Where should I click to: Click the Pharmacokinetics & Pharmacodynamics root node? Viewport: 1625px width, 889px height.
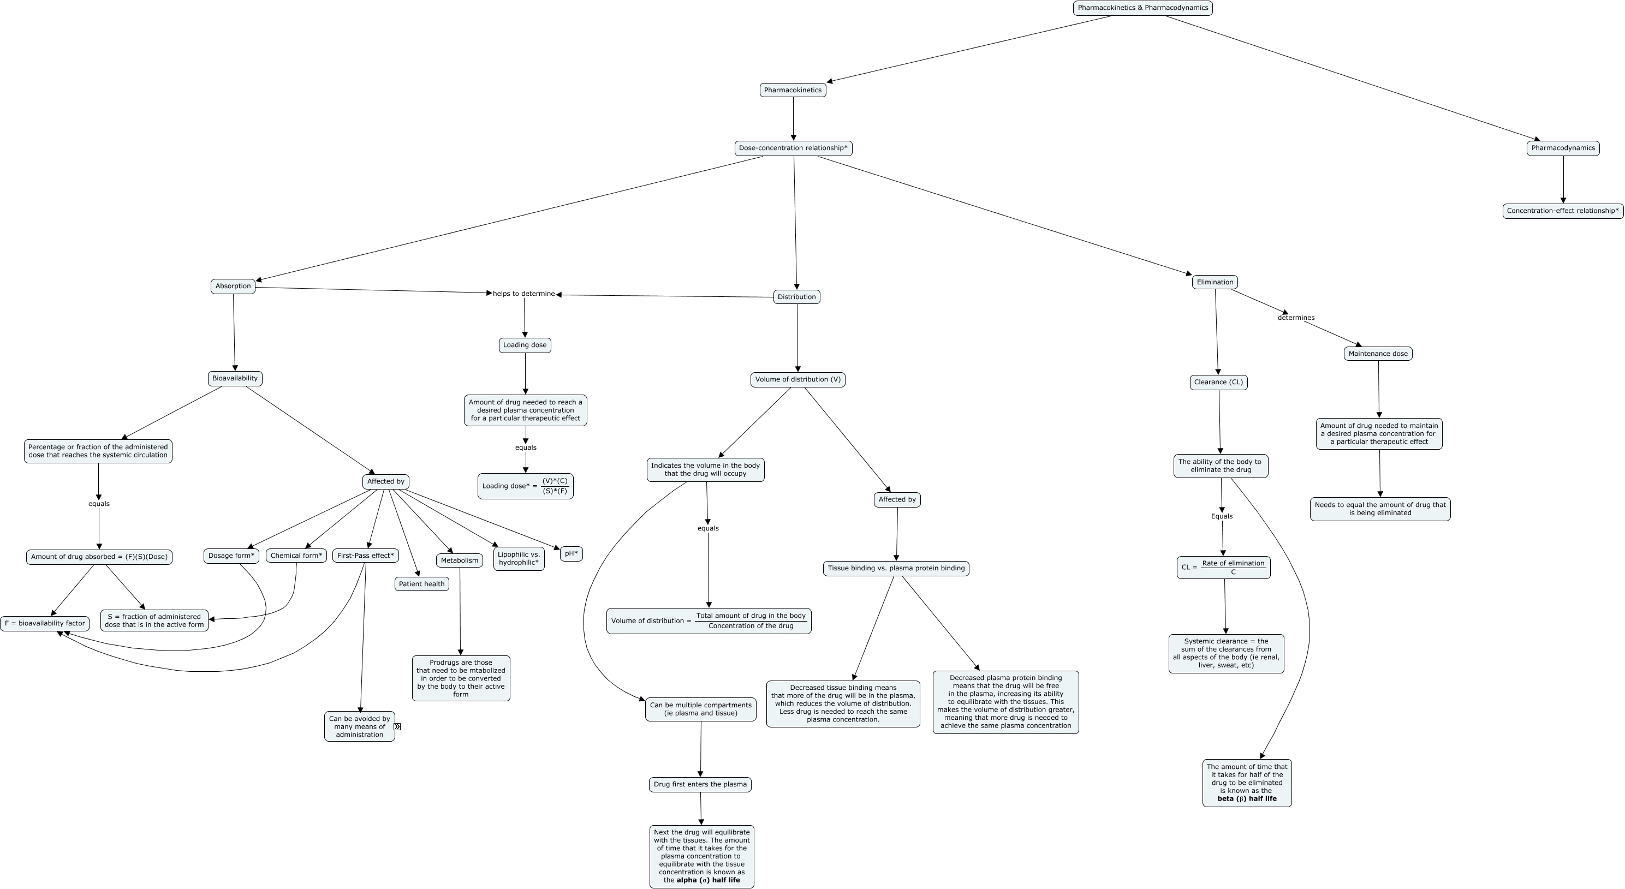(x=1142, y=8)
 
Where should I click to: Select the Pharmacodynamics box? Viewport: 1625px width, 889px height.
(x=1563, y=148)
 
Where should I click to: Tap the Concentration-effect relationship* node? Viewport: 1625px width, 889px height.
(x=1563, y=211)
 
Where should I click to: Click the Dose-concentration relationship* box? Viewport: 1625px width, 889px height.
(x=793, y=148)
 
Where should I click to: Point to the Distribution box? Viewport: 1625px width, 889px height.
(x=797, y=297)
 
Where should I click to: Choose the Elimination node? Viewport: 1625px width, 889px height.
(x=1215, y=282)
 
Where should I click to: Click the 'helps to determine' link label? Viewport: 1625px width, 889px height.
(x=523, y=294)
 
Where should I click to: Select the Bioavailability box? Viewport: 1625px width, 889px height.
(x=235, y=378)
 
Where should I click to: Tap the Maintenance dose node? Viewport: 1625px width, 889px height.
(x=1378, y=354)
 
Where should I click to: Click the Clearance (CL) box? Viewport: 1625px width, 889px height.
(x=1218, y=382)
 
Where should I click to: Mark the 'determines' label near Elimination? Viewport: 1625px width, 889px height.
(x=1296, y=318)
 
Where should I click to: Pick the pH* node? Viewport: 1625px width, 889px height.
(x=571, y=553)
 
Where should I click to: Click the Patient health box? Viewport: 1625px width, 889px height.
(x=421, y=584)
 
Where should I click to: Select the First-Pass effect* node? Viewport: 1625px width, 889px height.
(x=365, y=556)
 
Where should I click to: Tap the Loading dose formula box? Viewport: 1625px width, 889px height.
(x=525, y=486)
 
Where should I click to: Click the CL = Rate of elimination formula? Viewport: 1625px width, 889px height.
(x=1223, y=568)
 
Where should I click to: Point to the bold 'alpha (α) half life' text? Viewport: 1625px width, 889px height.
(x=708, y=880)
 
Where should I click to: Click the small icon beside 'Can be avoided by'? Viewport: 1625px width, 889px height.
(x=397, y=726)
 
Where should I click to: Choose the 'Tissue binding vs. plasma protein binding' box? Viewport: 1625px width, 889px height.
(x=896, y=568)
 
